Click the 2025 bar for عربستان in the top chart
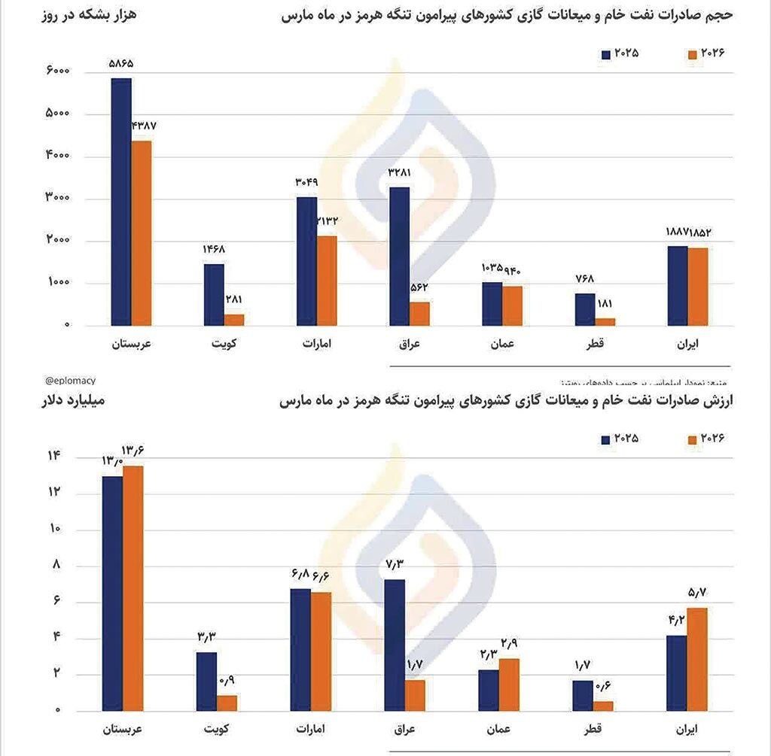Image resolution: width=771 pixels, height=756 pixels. [x=121, y=202]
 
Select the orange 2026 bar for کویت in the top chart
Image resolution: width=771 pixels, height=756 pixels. [x=234, y=320]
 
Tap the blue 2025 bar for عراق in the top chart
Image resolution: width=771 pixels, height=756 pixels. [x=400, y=256]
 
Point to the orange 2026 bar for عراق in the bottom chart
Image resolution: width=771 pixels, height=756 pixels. [x=415, y=695]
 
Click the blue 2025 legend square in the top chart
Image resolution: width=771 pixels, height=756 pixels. [x=605, y=54]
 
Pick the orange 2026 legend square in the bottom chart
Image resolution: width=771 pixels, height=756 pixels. [x=693, y=440]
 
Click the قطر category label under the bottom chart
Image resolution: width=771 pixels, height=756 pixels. [x=592, y=730]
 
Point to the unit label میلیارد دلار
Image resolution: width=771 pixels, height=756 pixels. [x=73, y=401]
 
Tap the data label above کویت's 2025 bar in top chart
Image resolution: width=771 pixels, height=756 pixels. [x=213, y=250]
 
